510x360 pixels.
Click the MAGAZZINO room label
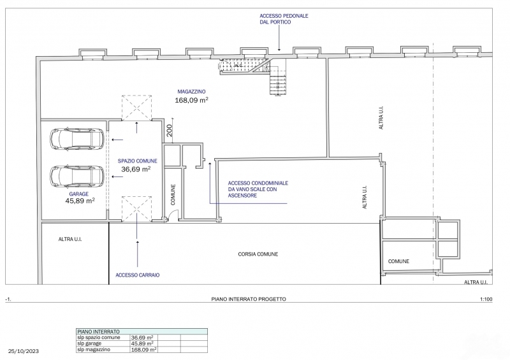point(191,92)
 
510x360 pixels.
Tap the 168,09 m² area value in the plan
point(191,100)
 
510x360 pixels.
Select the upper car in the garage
point(76,139)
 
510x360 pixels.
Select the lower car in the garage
point(76,176)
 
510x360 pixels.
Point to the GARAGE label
point(78,194)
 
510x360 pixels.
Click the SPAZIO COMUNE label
point(137,161)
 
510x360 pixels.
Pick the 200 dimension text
point(169,131)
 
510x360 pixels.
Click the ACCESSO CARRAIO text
point(138,275)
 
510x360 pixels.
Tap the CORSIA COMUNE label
point(258,254)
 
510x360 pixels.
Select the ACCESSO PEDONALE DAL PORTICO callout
point(284,19)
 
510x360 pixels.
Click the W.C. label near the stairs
point(238,66)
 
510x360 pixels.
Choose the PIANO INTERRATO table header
point(98,332)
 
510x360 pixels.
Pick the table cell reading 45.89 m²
point(142,343)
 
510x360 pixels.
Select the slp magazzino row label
point(94,350)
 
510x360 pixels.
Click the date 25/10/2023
point(24,351)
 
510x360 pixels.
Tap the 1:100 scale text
point(486,299)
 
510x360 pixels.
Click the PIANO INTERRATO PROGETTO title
point(249,299)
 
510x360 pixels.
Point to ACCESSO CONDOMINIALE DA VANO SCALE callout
point(258,189)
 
